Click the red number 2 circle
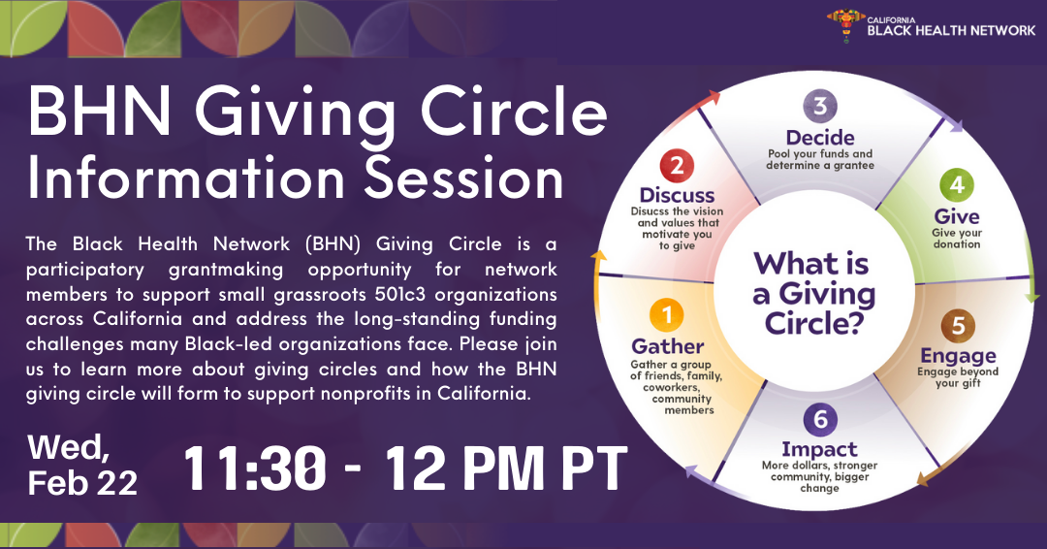point(677,166)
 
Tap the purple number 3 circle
point(820,106)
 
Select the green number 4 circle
point(957,185)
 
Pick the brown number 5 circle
point(958,326)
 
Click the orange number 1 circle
point(666,314)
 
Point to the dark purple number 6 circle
point(821,419)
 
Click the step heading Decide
point(820,138)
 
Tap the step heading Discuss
point(677,195)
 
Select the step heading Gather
point(668,346)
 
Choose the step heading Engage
point(958,356)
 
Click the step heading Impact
point(819,449)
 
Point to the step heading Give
point(957,216)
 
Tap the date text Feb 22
point(82,483)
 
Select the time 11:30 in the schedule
point(255,468)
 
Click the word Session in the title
point(464,179)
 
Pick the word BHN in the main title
point(100,112)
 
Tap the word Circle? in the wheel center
point(814,323)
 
